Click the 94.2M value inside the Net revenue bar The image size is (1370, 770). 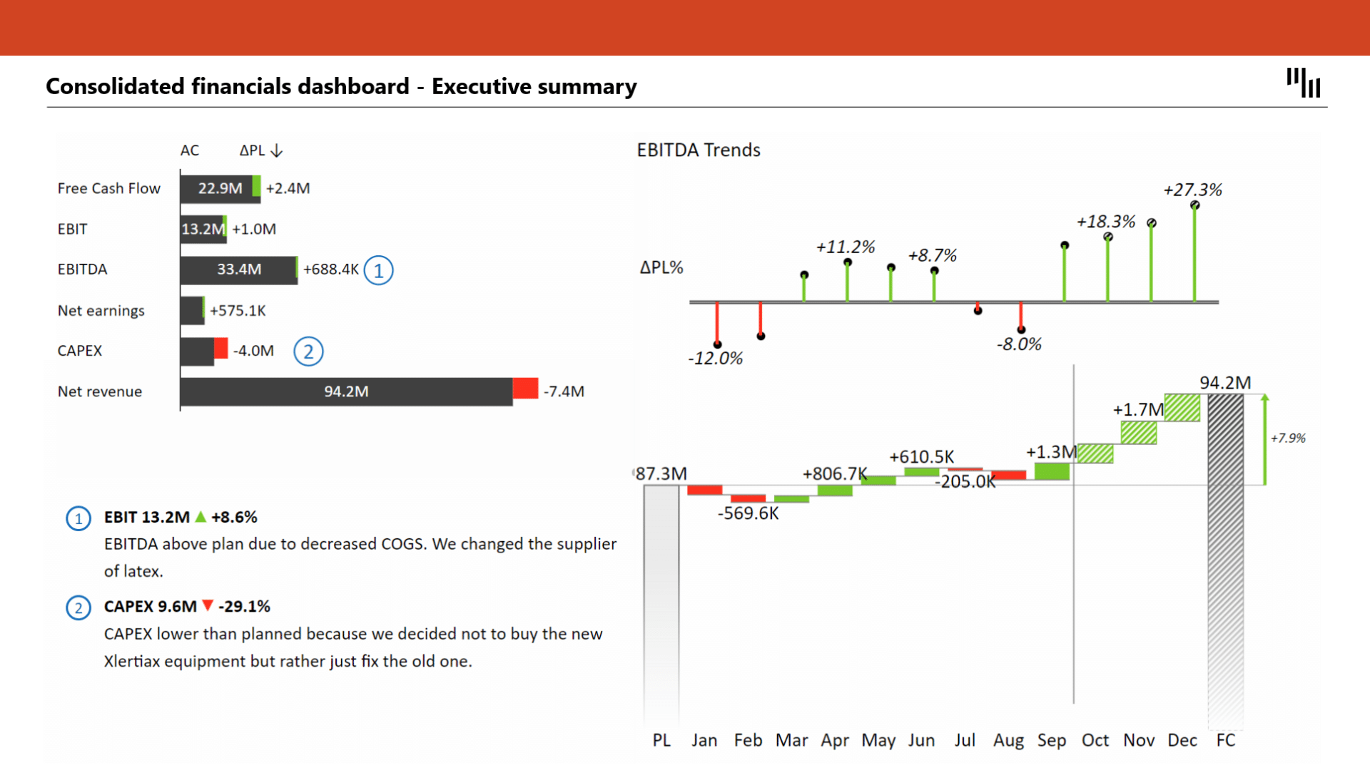(346, 391)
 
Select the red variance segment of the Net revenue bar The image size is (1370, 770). (525, 389)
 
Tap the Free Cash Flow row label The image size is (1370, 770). (109, 188)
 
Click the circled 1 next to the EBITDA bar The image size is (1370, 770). (378, 270)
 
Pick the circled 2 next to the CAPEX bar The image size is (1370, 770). (308, 351)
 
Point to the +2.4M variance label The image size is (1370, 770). (288, 188)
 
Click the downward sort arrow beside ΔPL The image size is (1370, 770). (277, 150)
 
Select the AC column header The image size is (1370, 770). (189, 150)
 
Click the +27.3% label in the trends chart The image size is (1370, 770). (1192, 190)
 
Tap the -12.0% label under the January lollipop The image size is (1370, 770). (715, 358)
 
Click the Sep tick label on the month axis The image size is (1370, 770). (1051, 740)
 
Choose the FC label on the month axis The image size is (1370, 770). (1225, 740)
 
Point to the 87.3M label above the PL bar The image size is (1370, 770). (661, 473)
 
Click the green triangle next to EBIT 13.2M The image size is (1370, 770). (201, 517)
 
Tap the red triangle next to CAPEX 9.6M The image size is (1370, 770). (208, 606)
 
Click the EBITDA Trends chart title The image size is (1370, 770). (698, 150)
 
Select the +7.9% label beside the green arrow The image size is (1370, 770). (1288, 438)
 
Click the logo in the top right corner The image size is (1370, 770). (1303, 83)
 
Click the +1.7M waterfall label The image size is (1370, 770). (1137, 410)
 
